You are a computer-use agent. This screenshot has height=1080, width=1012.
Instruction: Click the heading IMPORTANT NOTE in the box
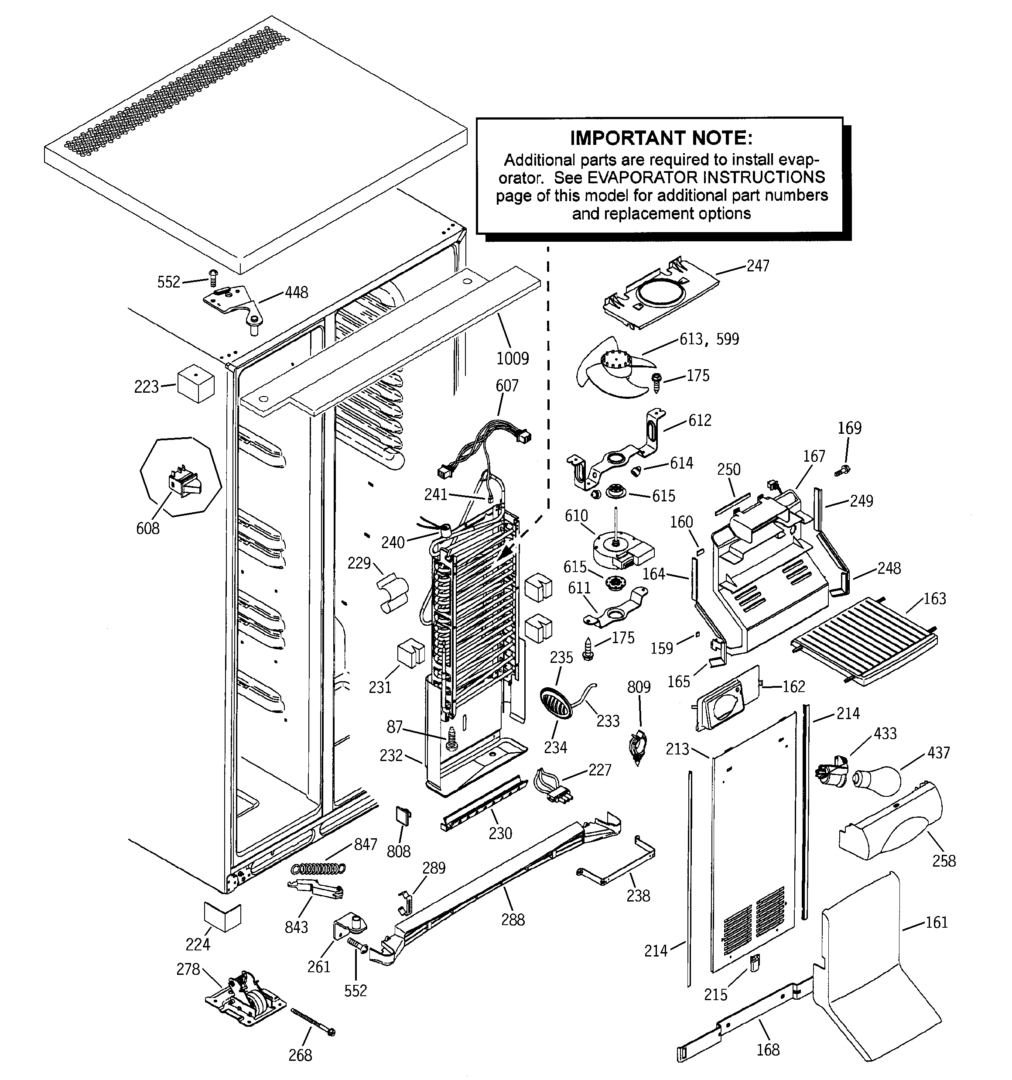660,138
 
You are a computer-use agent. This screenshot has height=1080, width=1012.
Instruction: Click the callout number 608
148,528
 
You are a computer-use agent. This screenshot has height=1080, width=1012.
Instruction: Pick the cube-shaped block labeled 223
196,384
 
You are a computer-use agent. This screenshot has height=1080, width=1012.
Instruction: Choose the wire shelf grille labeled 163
866,637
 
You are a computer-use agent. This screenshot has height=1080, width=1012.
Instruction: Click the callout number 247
757,266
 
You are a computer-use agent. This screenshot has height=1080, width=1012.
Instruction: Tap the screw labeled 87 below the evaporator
451,738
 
